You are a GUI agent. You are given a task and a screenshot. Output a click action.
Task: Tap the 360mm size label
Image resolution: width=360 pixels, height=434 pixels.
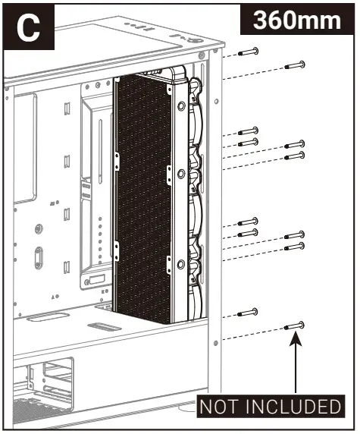[x=296, y=20]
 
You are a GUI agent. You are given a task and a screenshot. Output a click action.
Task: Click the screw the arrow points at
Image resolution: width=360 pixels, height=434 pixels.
[x=294, y=325]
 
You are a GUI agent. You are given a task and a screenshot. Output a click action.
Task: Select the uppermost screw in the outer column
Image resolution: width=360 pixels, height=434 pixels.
[x=294, y=65]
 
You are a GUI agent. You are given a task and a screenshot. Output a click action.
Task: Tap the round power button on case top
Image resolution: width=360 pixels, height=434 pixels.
[x=196, y=42]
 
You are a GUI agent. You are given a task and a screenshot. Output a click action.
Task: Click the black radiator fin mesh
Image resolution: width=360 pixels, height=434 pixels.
[x=142, y=197]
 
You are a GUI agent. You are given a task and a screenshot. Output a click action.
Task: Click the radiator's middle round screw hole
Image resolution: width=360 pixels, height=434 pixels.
[x=180, y=174]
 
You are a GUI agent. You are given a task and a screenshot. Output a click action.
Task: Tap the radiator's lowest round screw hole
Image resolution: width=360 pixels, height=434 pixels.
[x=180, y=263]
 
